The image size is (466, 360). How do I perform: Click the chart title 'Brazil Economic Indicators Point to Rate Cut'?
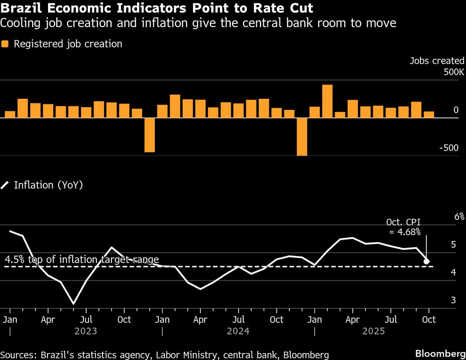157,9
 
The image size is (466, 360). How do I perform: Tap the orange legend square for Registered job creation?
5,44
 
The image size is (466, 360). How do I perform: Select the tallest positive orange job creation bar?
327,101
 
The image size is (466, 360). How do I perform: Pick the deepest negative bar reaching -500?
302,136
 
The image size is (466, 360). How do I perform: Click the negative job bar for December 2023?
150,135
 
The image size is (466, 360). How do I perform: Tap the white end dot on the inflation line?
426,262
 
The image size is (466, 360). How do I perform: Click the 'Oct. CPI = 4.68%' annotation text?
404,227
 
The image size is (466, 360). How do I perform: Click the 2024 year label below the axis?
238,331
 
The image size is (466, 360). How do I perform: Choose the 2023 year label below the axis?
85,331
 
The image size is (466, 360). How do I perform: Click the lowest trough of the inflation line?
73,304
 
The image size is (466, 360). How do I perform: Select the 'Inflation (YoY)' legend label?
48,185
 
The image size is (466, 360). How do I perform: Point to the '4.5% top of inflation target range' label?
82,260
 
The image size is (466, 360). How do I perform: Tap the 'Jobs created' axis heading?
437,61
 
